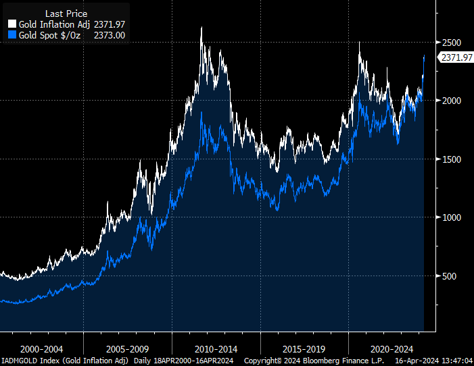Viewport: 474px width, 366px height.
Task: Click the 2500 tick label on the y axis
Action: tap(451, 42)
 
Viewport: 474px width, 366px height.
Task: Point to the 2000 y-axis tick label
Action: tap(451, 100)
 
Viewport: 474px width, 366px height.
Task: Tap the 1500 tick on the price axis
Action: tap(451, 159)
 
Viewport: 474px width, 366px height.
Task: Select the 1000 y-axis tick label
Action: tap(451, 217)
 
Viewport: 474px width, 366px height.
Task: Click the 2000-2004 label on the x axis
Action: tap(42, 350)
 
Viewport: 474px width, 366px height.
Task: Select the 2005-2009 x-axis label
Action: tap(128, 350)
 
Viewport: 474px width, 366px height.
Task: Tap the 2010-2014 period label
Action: tap(216, 350)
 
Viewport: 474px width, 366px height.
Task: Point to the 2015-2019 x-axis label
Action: tap(303, 350)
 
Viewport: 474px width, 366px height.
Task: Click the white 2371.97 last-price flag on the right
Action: tap(456, 57)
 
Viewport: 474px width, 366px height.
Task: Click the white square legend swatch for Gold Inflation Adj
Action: tap(11, 24)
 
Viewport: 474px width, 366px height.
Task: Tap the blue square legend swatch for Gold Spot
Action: tap(11, 34)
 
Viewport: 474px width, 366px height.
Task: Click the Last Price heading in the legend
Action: tap(66, 14)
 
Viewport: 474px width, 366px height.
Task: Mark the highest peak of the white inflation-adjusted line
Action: tap(201, 28)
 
